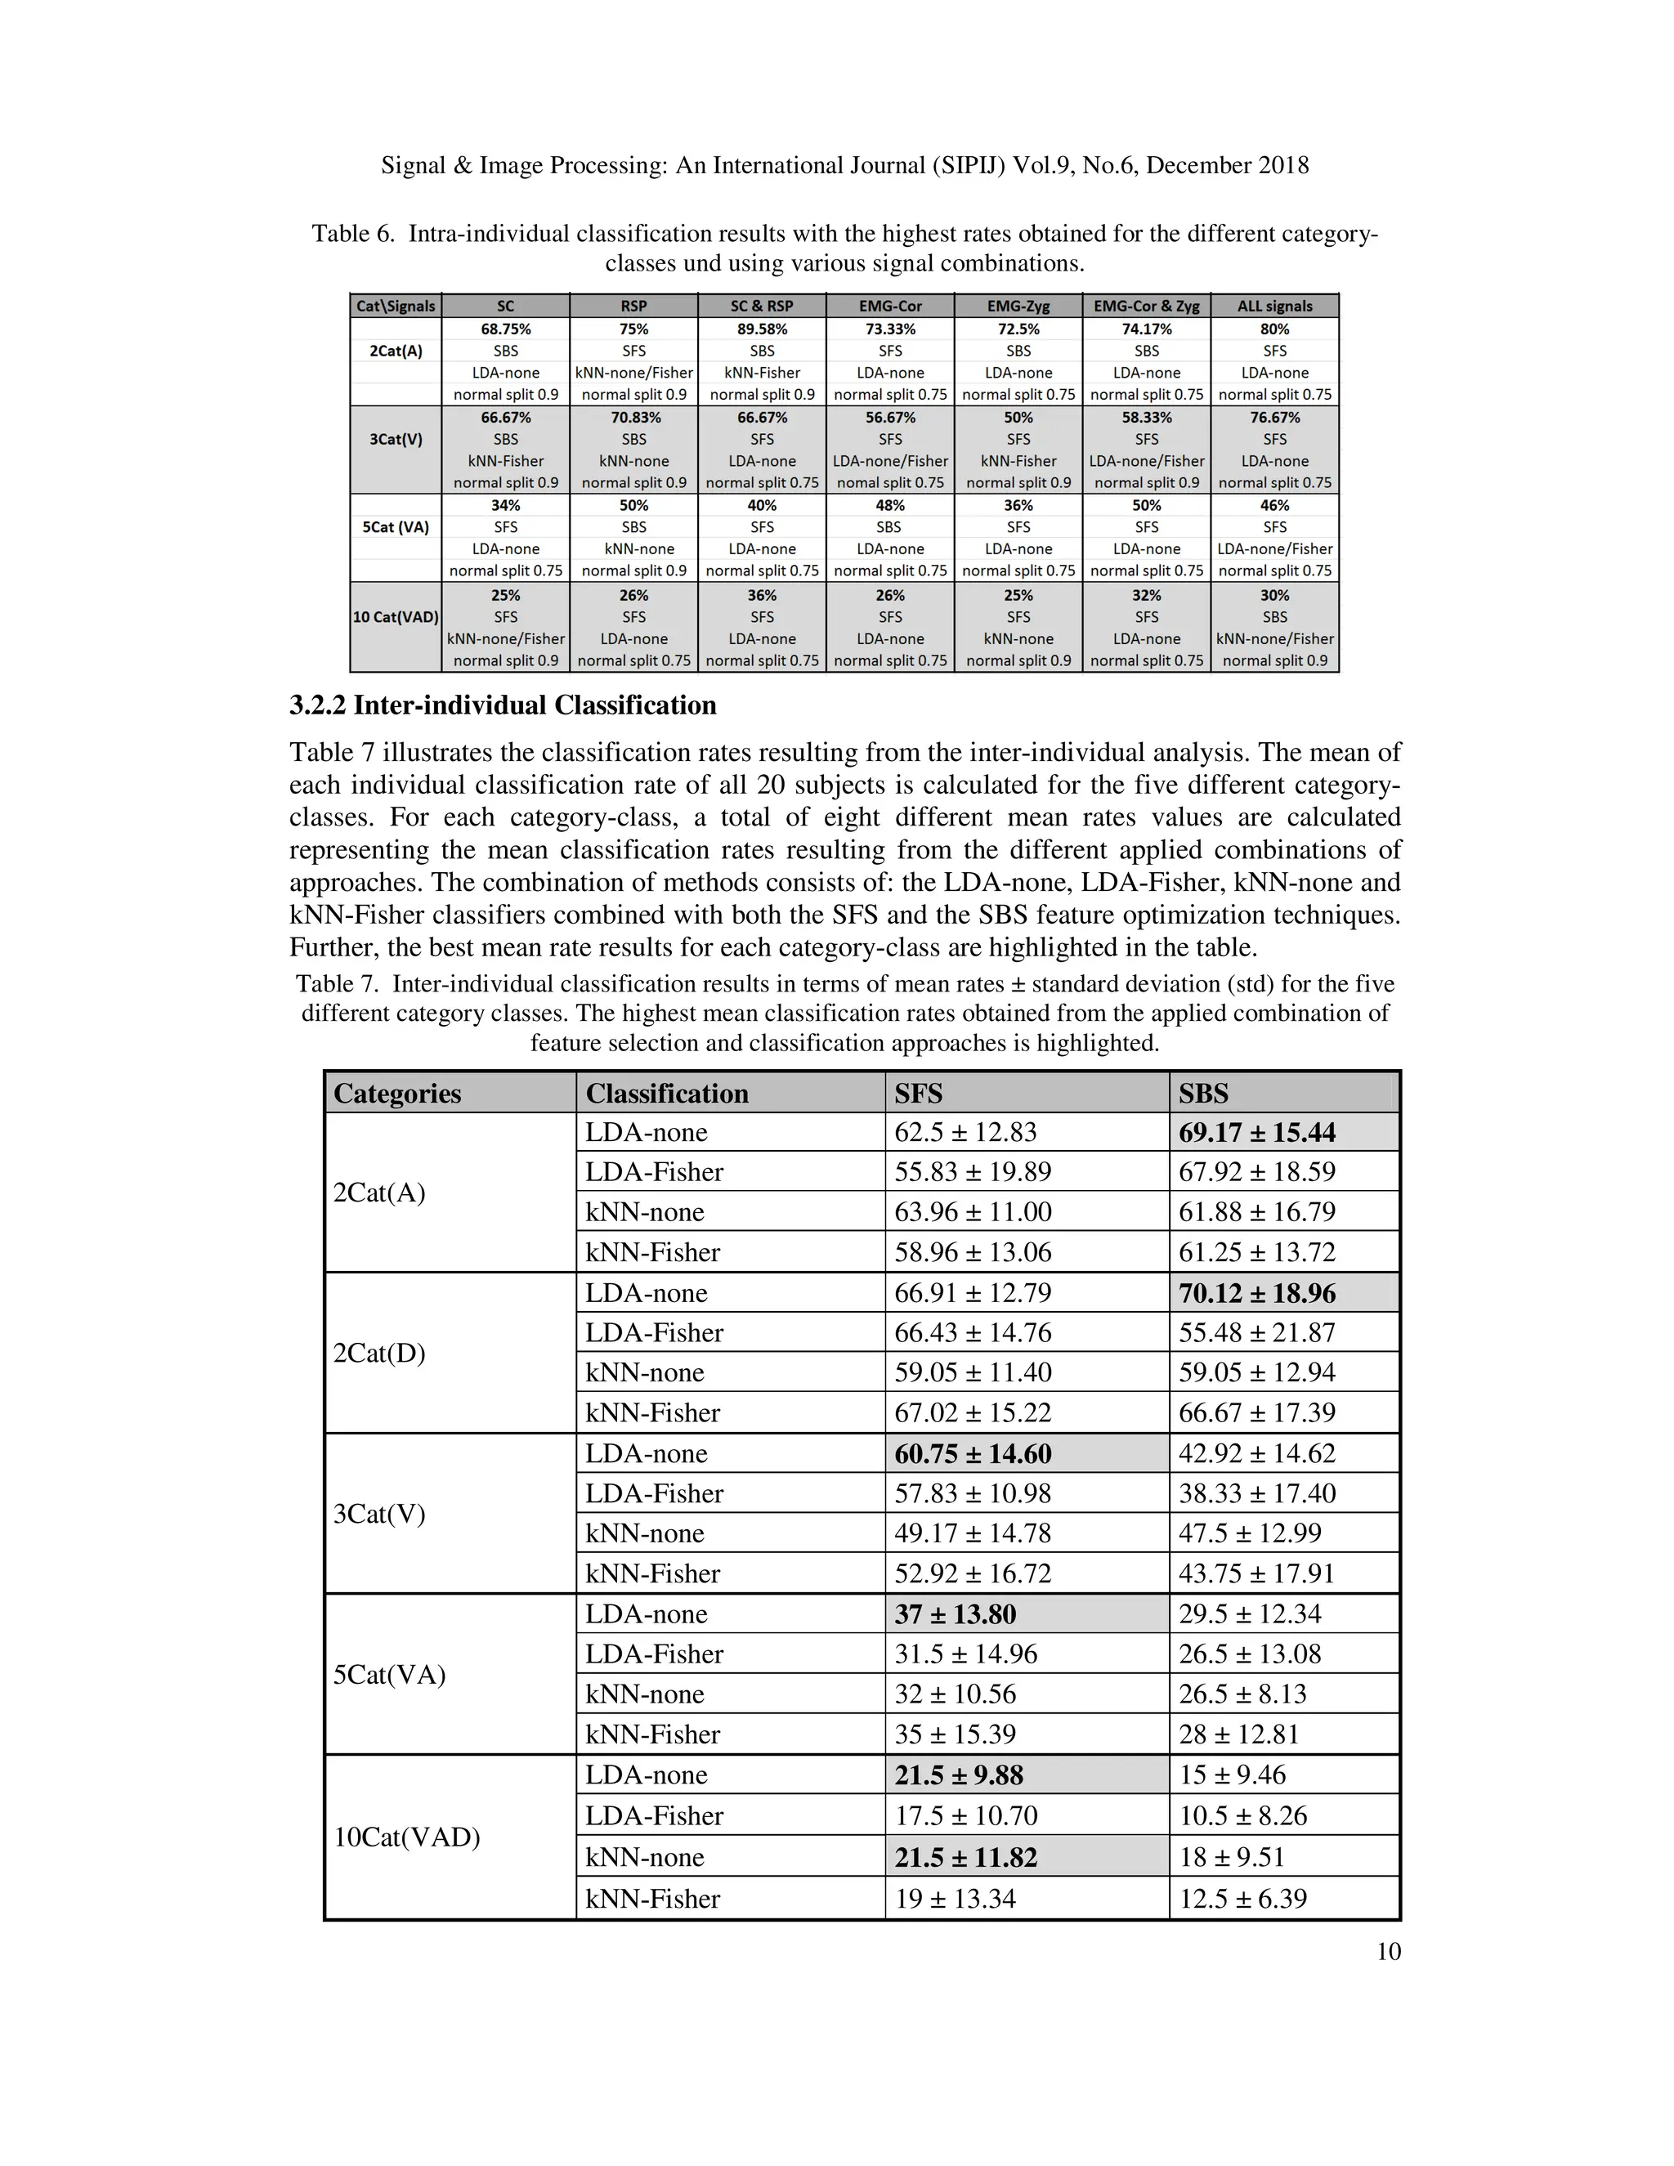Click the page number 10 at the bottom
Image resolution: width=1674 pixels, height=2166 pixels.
tap(1389, 1952)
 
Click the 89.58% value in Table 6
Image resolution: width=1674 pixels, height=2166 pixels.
tap(762, 329)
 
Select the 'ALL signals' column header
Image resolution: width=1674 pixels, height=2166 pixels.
tap(1274, 307)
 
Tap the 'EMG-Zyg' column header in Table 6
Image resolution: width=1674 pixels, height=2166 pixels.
tap(1018, 307)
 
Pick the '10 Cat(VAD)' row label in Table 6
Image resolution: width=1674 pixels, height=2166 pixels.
tap(396, 617)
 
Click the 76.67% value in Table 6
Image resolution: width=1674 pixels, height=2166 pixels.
tap(1274, 418)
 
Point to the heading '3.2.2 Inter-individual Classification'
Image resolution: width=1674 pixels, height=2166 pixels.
tap(503, 705)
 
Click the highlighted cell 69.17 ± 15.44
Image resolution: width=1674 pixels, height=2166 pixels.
tap(1256, 1133)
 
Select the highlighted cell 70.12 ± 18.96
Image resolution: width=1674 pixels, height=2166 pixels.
tap(1256, 1293)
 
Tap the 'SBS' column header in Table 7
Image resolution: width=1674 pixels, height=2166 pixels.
tap(1203, 1093)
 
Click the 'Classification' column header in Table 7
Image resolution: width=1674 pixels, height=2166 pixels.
tap(666, 1093)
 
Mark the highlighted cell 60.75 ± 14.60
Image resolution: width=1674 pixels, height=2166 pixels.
tap(973, 1454)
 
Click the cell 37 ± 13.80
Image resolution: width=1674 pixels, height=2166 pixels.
tap(955, 1614)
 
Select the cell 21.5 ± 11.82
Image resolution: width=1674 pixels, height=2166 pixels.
tap(965, 1856)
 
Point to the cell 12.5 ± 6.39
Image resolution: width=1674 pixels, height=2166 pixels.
tap(1242, 1898)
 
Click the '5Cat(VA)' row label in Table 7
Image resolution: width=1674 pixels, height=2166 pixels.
tap(389, 1674)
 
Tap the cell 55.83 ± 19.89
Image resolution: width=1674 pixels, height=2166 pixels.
tap(972, 1172)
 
